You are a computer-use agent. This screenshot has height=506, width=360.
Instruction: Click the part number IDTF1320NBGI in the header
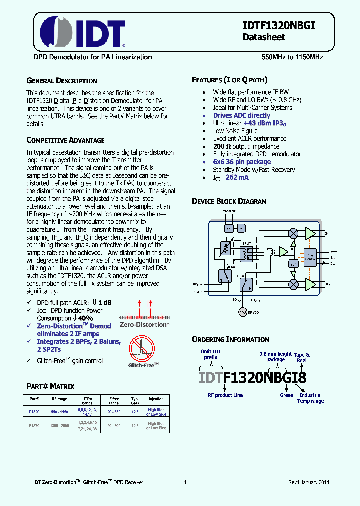click(x=279, y=26)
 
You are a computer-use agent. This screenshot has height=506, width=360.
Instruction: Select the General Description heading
click(x=61, y=81)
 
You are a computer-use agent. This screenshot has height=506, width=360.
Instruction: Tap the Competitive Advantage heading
click(x=65, y=140)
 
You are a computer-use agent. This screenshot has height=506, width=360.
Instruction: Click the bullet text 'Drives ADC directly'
click(x=241, y=115)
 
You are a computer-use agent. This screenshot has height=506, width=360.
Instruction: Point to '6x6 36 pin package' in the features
click(x=242, y=162)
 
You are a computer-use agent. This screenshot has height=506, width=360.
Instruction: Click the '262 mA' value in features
click(x=237, y=177)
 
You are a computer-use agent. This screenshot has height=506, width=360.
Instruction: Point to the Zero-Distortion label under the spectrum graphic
click(x=144, y=325)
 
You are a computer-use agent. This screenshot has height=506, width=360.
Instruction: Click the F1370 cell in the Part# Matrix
click(x=34, y=425)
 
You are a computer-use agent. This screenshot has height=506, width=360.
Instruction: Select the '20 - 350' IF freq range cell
click(x=114, y=412)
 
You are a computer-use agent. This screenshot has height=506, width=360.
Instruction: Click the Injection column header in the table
click(x=156, y=399)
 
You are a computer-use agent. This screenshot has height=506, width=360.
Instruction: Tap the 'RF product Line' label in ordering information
click(x=225, y=395)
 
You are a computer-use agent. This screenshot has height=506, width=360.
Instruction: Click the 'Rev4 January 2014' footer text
click(x=308, y=482)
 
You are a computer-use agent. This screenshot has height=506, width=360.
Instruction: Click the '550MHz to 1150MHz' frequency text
click(x=292, y=57)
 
